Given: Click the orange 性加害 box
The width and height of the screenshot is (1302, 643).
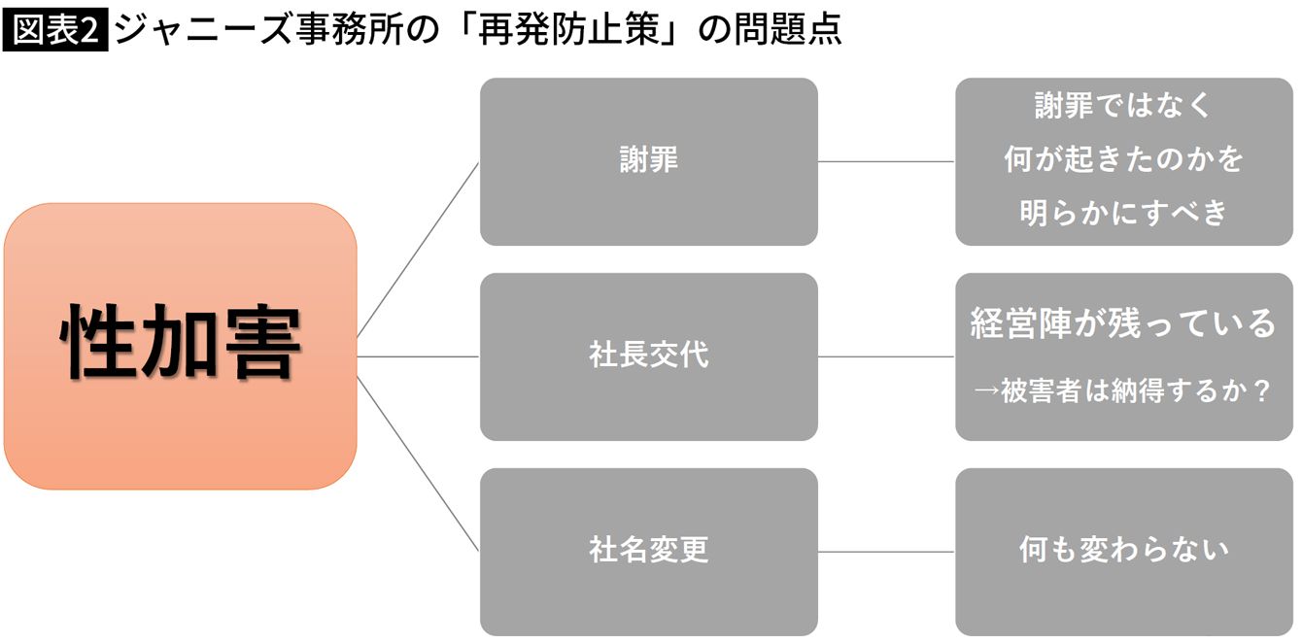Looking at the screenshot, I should (181, 345).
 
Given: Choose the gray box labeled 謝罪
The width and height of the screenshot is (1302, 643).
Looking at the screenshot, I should (648, 161).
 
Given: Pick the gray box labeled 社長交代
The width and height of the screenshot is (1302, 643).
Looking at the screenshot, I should (648, 356).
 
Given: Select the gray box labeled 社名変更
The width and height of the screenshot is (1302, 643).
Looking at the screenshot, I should (648, 552).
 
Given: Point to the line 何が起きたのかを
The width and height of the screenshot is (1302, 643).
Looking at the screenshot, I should (1123, 159).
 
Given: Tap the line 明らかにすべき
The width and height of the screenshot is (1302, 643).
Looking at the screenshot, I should (1123, 213).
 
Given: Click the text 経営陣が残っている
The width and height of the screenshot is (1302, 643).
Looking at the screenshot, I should (1123, 323).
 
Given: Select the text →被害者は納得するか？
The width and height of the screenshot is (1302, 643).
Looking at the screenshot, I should (1123, 393).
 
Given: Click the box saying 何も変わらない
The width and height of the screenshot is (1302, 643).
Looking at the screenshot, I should (1123, 551).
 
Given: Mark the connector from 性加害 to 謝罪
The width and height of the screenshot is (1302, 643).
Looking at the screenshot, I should (418, 250).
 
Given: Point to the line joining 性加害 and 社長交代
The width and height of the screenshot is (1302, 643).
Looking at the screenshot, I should (418, 356).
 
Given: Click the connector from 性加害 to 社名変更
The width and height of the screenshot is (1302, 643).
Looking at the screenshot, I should (418, 463).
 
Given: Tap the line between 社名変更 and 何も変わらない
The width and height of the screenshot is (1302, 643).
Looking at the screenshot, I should (886, 552).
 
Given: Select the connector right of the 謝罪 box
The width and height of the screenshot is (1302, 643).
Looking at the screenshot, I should (886, 161).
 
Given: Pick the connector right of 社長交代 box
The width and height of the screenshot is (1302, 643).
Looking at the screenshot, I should (886, 356).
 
